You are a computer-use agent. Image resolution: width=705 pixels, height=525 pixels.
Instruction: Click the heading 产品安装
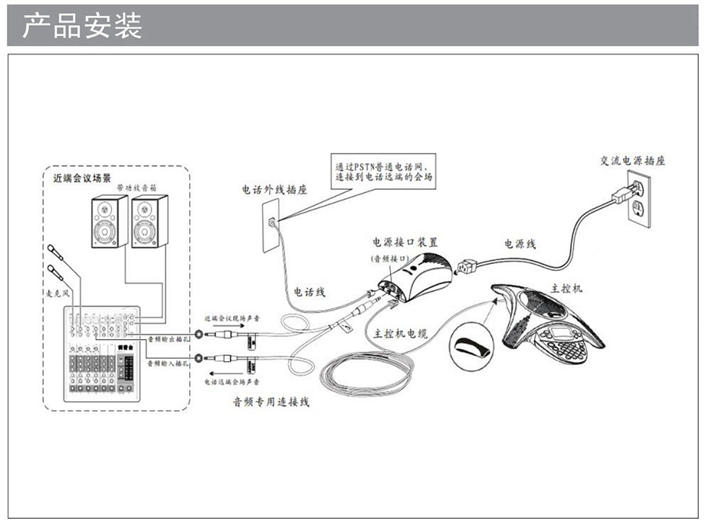tap(82, 25)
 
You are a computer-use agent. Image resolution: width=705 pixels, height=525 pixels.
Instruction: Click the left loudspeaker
tap(107, 222)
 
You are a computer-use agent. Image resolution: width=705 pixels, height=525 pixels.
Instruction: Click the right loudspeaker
tap(149, 222)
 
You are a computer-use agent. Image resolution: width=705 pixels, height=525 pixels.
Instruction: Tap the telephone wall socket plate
tap(271, 225)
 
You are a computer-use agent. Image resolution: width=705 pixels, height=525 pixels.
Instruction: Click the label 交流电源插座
tap(632, 161)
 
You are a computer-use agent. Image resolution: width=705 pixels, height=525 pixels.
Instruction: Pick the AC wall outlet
tap(636, 197)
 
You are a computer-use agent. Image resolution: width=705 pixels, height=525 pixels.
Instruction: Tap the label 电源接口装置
tap(405, 241)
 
